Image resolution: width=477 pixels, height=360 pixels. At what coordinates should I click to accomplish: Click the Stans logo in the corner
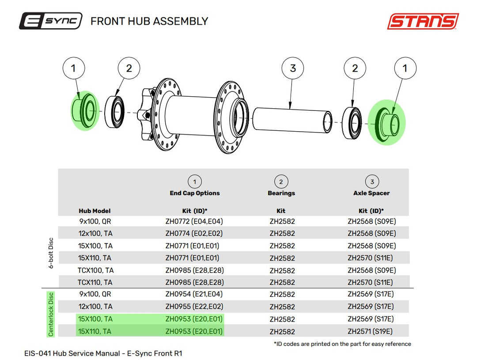tap(423, 21)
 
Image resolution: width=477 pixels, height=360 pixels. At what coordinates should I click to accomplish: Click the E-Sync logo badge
tap(50, 21)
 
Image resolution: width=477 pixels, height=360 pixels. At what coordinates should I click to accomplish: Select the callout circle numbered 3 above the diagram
tap(293, 68)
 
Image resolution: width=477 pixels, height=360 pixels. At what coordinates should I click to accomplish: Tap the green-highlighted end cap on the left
tap(84, 110)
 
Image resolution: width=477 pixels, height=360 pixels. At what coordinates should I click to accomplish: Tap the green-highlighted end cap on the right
tap(387, 123)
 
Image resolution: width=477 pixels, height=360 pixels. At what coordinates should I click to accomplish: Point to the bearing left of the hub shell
tap(114, 112)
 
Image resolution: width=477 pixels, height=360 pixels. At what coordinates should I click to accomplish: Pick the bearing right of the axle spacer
tap(352, 123)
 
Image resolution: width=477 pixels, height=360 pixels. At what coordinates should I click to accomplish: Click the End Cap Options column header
tap(195, 193)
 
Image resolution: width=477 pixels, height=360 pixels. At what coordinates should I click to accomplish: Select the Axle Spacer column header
tap(371, 193)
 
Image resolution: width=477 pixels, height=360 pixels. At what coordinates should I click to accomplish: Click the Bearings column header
tap(281, 193)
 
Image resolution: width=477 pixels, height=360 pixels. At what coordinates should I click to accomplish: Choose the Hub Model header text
tap(95, 211)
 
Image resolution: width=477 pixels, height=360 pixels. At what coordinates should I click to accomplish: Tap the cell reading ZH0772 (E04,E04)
tap(194, 221)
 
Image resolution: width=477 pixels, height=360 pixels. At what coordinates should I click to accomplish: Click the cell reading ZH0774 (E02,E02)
tap(194, 233)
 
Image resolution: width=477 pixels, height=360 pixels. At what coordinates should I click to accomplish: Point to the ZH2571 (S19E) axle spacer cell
tap(370, 331)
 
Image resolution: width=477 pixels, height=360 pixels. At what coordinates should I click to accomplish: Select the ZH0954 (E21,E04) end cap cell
tap(194, 294)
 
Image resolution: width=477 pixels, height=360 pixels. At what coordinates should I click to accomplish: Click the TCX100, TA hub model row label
tap(95, 270)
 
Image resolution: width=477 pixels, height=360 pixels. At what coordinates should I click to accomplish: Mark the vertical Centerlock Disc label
tap(51, 314)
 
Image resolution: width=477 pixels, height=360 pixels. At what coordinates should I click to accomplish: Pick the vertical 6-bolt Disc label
tap(51, 253)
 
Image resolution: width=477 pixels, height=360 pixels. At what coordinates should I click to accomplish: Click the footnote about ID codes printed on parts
tap(343, 344)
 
